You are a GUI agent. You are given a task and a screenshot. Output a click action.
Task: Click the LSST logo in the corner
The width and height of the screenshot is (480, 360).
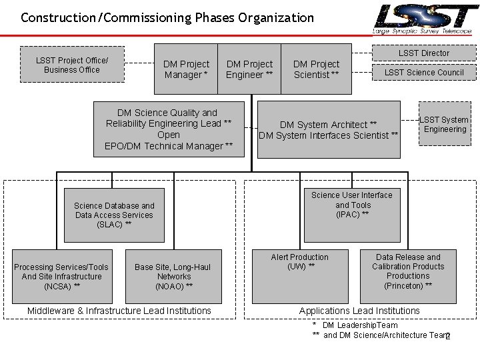(424, 18)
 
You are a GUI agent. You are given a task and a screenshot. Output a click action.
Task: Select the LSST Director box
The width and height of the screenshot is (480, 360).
(424, 53)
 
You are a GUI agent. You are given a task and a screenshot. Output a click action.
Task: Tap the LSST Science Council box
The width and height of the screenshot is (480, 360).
(424, 72)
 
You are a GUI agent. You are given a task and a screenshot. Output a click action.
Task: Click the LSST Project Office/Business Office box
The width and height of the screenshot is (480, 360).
(72, 65)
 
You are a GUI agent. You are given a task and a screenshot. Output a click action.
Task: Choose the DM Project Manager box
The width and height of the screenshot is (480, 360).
(186, 69)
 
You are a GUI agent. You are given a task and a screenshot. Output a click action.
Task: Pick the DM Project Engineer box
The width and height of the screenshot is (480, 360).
(249, 69)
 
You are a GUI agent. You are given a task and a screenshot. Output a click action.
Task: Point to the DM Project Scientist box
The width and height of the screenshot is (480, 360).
(316, 69)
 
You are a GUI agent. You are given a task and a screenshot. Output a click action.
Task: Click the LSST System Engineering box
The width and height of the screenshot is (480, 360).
(445, 124)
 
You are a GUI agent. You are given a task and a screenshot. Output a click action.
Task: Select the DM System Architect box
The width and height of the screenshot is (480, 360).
(328, 129)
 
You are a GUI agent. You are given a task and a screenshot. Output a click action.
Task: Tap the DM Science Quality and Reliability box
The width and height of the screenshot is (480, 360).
(169, 129)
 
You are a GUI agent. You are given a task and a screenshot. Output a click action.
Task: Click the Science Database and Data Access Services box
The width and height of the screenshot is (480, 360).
(114, 215)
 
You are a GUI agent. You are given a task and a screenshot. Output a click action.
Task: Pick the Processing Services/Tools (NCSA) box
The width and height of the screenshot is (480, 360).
(61, 276)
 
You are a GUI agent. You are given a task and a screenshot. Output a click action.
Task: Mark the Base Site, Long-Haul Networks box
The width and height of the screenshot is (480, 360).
(173, 276)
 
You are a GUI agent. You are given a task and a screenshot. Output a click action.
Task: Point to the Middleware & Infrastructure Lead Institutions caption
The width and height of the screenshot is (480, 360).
(119, 311)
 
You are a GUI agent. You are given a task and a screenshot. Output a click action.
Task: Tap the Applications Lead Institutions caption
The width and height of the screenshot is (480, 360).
(359, 311)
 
